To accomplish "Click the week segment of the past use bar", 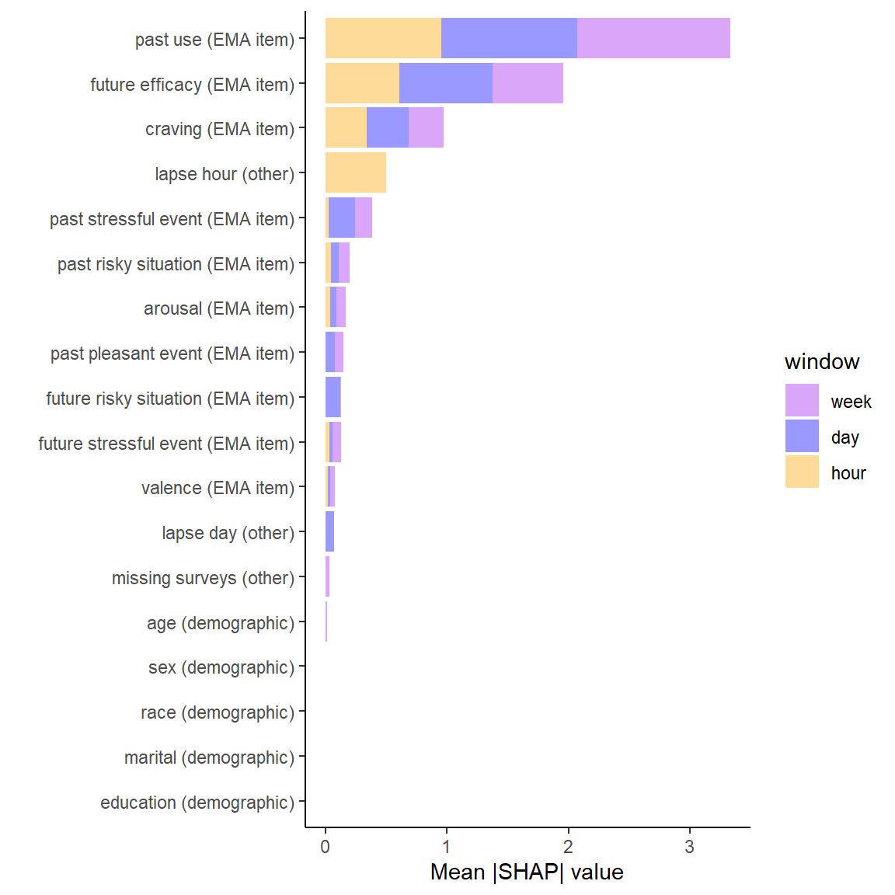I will tap(653, 38).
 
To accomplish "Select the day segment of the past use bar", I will tap(509, 38).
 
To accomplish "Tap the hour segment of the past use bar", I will tap(383, 38).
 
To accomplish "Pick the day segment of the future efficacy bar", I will tap(446, 83).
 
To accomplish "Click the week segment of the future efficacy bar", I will tap(528, 83).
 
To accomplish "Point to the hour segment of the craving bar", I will tap(346, 128).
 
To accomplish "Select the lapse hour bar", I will tap(356, 172).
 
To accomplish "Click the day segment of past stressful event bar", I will tap(342, 218).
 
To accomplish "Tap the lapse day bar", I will tap(329, 531).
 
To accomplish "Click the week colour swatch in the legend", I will tap(802, 400).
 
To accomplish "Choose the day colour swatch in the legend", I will tap(802, 436).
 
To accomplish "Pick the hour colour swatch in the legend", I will tap(802, 472).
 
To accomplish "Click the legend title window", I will tap(822, 362).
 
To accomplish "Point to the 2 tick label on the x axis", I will tap(568, 848).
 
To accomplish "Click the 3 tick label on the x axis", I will tap(689, 848).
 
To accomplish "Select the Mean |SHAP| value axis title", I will tap(527, 872).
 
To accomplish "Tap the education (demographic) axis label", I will tap(197, 803).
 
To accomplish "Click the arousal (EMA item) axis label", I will tap(219, 308).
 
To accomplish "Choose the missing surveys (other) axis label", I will tap(203, 578).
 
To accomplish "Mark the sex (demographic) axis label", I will tap(221, 667).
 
